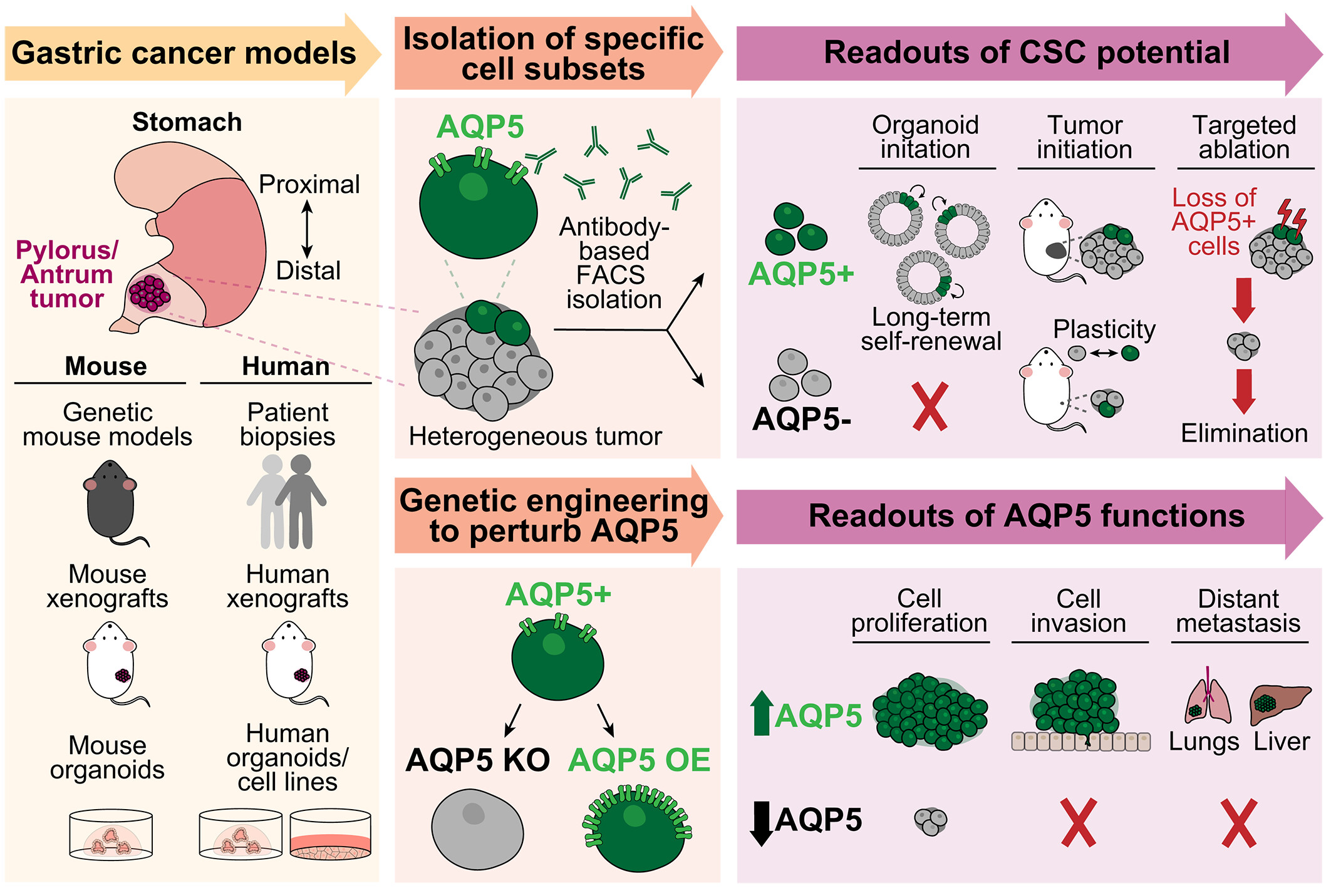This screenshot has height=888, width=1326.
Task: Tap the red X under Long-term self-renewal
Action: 930,407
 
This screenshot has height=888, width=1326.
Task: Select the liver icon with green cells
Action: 1280,705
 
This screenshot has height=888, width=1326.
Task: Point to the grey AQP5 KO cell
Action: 477,829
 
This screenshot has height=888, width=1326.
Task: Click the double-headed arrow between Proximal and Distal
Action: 307,229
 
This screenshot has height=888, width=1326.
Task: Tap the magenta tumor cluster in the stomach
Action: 150,293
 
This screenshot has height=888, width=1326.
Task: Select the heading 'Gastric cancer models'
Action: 184,53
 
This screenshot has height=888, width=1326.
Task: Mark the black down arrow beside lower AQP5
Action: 761,823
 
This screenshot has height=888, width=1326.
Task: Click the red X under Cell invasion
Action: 1079,823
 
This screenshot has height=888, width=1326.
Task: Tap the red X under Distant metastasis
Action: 1239,823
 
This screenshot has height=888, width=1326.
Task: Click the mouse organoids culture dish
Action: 111,834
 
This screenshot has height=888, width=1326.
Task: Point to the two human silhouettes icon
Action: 286,502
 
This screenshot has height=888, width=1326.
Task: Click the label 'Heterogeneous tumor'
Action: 535,436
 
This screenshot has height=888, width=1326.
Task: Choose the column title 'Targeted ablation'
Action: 1244,137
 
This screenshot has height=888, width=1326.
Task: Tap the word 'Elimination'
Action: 1244,433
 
